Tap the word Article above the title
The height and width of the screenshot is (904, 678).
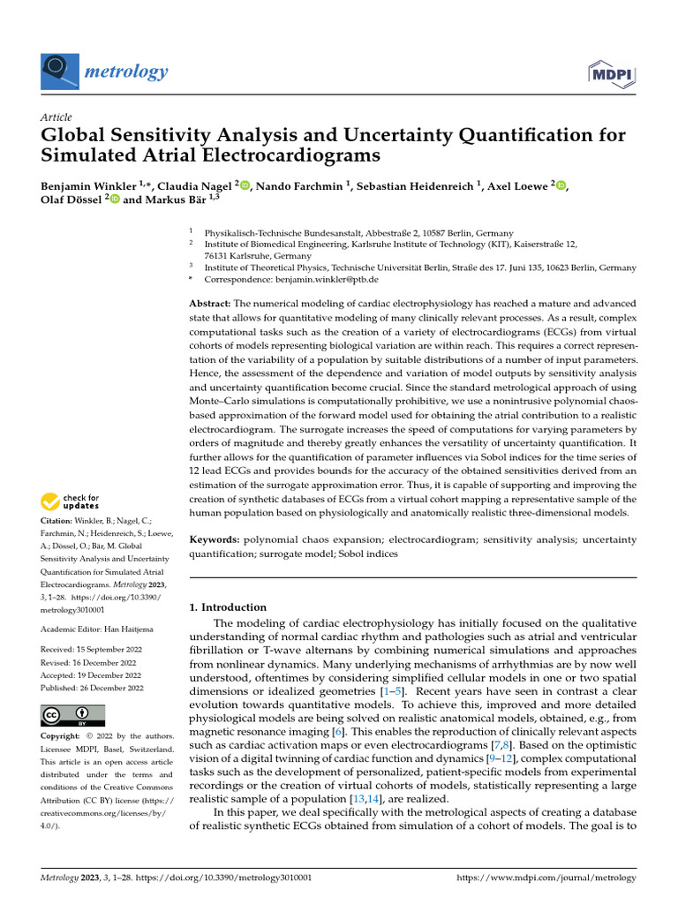click(x=56, y=117)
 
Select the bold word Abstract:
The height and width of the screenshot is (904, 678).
click(x=210, y=303)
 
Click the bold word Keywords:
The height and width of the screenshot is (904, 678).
click(x=215, y=539)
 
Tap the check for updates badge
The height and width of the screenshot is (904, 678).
click(x=74, y=503)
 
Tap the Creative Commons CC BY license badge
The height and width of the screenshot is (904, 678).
click(x=73, y=715)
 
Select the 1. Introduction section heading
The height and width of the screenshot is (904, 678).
click(x=228, y=607)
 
